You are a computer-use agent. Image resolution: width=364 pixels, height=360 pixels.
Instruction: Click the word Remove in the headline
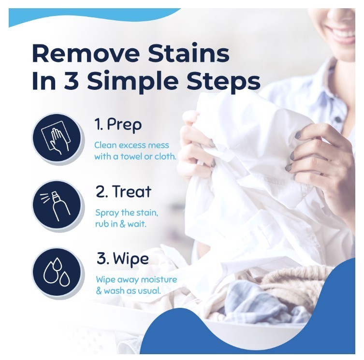[86, 53]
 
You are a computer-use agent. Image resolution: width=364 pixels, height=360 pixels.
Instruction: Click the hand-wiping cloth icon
[57, 139]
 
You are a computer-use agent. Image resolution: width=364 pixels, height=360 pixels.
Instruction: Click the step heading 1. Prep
[118, 125]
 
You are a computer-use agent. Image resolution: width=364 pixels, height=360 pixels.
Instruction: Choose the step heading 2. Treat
[123, 192]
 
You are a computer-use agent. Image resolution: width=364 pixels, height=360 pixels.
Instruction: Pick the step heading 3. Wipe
[123, 259]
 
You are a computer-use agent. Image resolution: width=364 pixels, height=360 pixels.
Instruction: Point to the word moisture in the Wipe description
[159, 279]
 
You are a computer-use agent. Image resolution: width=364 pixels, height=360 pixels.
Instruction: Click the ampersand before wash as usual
[99, 291]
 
